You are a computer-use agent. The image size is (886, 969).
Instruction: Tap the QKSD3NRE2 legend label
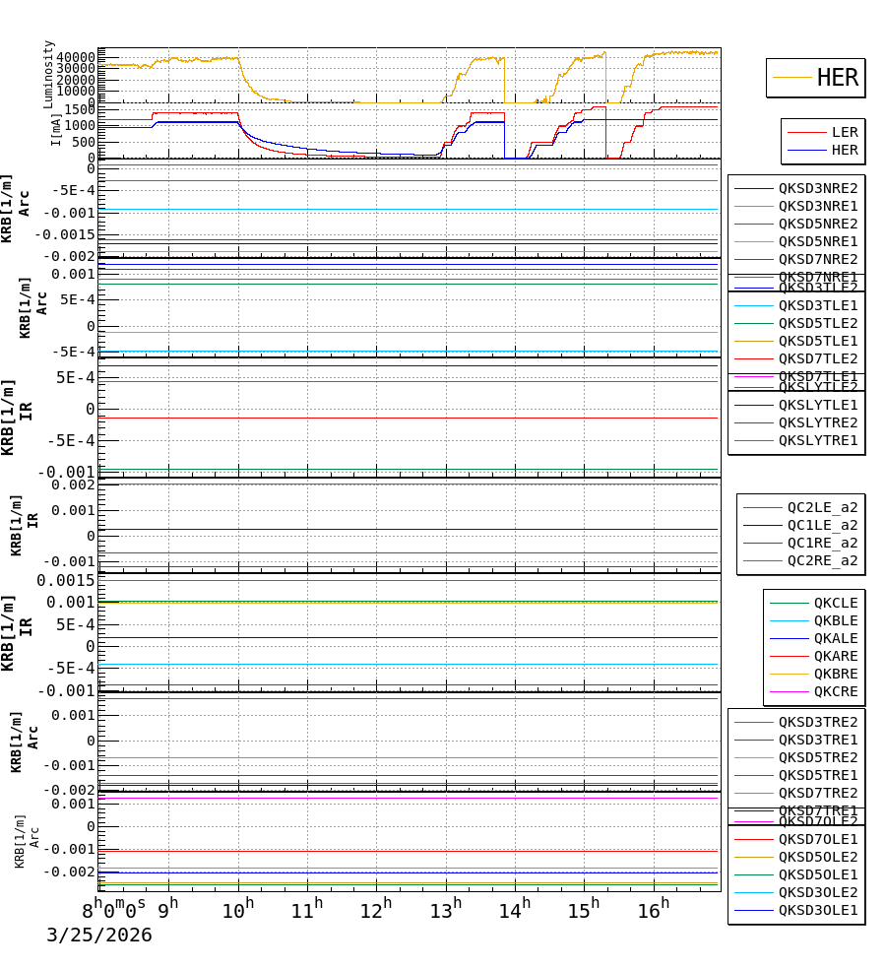click(x=818, y=188)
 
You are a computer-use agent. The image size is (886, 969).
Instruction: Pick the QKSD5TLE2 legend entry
click(x=818, y=323)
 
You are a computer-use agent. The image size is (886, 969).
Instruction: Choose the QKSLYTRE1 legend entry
click(x=818, y=440)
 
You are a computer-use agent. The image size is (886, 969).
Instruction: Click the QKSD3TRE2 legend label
click(x=818, y=722)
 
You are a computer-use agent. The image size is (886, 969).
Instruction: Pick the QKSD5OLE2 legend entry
click(x=818, y=857)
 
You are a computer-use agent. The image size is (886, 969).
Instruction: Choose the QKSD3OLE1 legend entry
click(x=818, y=910)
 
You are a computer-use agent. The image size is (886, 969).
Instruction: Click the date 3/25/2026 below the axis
click(x=99, y=936)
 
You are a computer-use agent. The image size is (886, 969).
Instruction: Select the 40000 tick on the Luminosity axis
click(x=77, y=57)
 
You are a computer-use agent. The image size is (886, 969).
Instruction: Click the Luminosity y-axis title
click(x=49, y=74)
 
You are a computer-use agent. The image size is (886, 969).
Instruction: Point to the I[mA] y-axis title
click(x=56, y=129)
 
